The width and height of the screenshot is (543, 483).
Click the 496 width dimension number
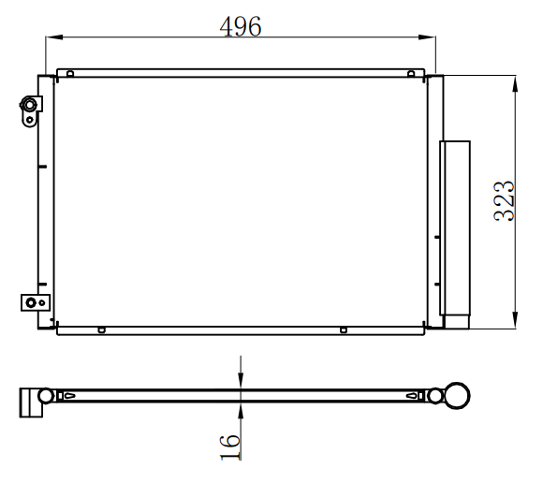coord(241,26)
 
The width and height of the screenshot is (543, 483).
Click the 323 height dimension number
coord(504,201)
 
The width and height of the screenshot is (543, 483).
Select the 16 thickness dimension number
coord(230,447)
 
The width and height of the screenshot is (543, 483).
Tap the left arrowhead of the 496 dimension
coord(54,37)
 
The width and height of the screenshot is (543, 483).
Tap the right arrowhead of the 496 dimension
coord(427,37)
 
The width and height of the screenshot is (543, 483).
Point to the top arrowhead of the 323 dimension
coord(515,84)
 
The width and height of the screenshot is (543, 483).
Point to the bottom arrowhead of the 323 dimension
coord(515,319)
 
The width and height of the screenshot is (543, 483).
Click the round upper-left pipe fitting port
coord(29,105)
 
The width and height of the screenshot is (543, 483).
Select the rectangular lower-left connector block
coord(36,302)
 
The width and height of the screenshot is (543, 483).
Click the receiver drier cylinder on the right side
coord(455,227)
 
